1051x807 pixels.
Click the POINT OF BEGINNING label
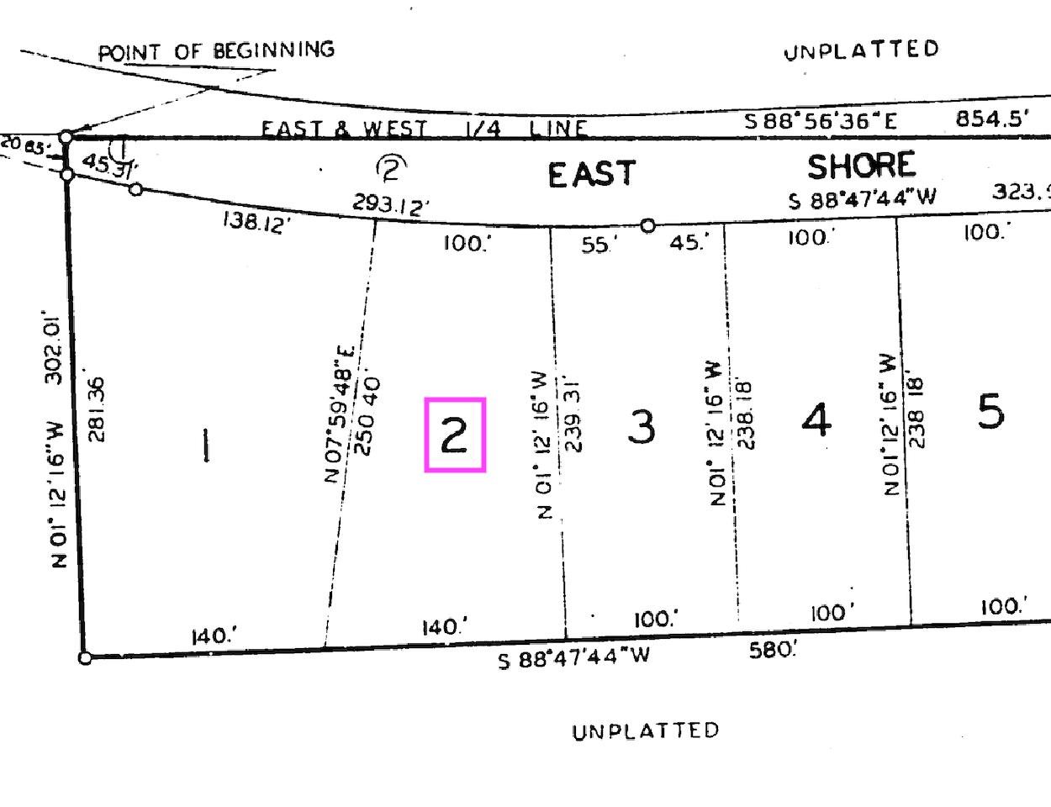point(216,51)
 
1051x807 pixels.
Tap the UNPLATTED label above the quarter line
point(861,50)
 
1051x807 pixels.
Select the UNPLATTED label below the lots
point(646,731)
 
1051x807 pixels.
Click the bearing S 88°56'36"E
point(821,121)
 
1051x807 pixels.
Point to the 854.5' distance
point(992,119)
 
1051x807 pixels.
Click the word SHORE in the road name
point(861,166)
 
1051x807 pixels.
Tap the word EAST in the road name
point(592,175)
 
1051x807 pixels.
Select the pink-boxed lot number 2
point(455,435)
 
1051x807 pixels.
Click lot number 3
point(642,426)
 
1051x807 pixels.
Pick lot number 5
point(990,412)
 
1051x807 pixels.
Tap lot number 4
point(816,419)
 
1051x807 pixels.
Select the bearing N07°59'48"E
point(341,414)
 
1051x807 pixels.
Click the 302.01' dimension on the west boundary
point(54,345)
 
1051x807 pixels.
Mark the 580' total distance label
point(772,649)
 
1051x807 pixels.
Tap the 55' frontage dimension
point(599,245)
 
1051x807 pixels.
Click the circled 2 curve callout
point(389,169)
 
